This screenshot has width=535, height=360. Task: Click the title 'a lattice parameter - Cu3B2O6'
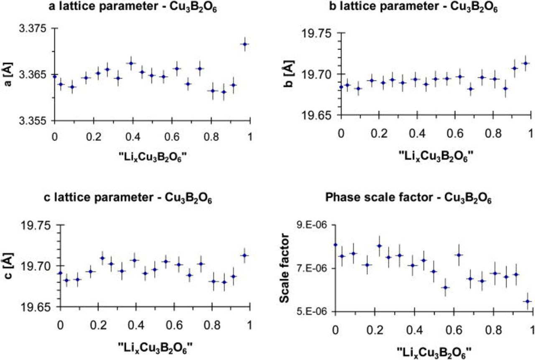[x=134, y=8]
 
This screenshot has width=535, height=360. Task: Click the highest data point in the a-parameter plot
[x=245, y=44]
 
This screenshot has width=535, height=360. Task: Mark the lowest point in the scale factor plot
[x=527, y=301]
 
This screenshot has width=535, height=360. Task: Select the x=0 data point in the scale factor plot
[x=335, y=245]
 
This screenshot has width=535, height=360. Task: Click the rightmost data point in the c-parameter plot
[x=245, y=255]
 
